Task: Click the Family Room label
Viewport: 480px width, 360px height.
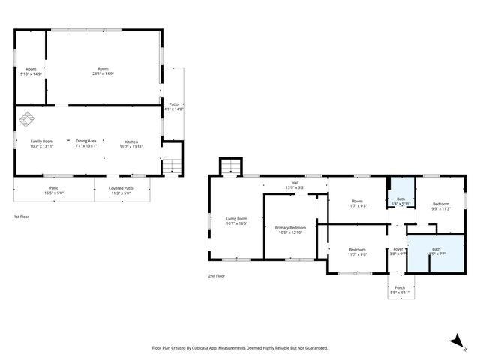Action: [41, 141]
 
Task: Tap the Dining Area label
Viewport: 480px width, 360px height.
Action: [85, 141]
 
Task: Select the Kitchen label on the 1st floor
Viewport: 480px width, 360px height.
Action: [131, 141]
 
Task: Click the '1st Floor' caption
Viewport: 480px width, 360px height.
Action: [22, 217]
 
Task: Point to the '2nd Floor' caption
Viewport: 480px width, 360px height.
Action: [217, 276]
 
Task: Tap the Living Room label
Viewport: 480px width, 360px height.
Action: [237, 219]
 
